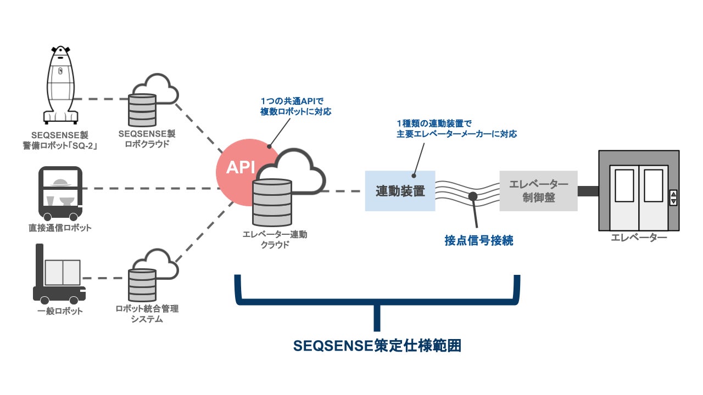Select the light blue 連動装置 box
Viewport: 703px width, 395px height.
pyautogui.click(x=400, y=191)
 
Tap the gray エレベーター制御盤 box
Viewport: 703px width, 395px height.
pyautogui.click(x=538, y=191)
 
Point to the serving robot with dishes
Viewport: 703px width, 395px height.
pyautogui.click(x=59, y=192)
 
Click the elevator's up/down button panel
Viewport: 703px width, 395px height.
pyautogui.click(x=674, y=198)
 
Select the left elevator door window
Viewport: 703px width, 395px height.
pyautogui.click(x=624, y=185)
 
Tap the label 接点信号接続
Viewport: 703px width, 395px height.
pyautogui.click(x=479, y=240)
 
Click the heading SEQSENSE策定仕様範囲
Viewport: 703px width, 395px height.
pyautogui.click(x=377, y=346)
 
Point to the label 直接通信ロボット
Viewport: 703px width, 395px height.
pyautogui.click(x=60, y=228)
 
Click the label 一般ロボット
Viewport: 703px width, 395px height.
pyautogui.click(x=61, y=311)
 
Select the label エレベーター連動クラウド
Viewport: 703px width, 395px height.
pyautogui.click(x=275, y=239)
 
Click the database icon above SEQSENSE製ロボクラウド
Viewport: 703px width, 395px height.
pyautogui.click(x=142, y=110)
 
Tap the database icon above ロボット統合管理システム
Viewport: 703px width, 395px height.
pyautogui.click(x=142, y=285)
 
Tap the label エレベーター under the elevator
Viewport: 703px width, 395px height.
pyautogui.click(x=639, y=237)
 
